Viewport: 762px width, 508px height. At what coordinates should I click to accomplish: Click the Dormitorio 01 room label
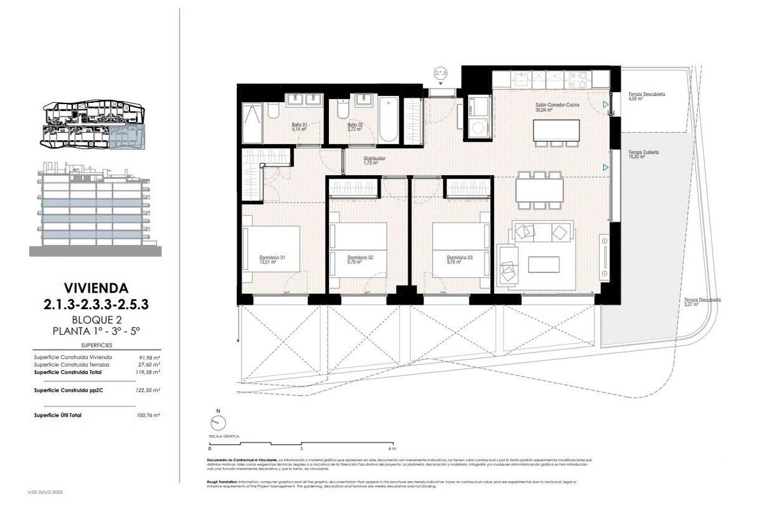pyautogui.click(x=272, y=259)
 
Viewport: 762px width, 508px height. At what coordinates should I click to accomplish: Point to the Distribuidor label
pyautogui.click(x=375, y=161)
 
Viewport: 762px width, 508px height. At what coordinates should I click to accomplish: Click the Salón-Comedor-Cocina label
pyautogui.click(x=557, y=107)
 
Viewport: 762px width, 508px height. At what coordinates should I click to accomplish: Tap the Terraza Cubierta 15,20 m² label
pyautogui.click(x=643, y=155)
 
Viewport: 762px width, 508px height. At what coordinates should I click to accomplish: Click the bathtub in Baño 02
pyautogui.click(x=388, y=119)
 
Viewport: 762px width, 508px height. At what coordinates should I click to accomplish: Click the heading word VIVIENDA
pyautogui.click(x=97, y=287)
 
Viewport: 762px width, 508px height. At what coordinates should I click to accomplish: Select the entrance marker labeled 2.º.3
pyautogui.click(x=441, y=74)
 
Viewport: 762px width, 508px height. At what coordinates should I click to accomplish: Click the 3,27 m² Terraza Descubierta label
pyautogui.click(x=701, y=302)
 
